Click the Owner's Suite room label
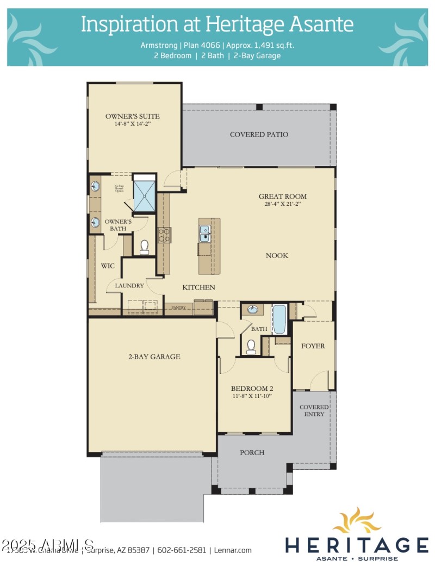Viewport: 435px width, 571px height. point(132,116)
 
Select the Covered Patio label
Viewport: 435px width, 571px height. point(259,134)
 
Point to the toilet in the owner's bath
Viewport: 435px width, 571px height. point(145,248)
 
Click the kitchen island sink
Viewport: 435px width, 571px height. point(204,233)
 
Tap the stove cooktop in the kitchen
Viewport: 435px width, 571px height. point(164,235)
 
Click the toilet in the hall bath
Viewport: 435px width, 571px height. point(251,346)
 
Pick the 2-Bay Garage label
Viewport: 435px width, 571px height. point(154,357)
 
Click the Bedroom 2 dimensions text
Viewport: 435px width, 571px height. point(251,396)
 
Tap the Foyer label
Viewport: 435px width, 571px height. point(313,346)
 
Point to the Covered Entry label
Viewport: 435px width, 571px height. point(314,410)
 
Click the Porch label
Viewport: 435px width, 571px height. point(252,452)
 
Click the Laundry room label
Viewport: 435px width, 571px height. point(129,285)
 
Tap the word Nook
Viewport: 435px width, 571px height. point(277,255)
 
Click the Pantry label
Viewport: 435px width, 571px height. point(179,308)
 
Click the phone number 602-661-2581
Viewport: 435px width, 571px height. point(182,550)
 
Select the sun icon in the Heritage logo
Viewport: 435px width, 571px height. point(357,521)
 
